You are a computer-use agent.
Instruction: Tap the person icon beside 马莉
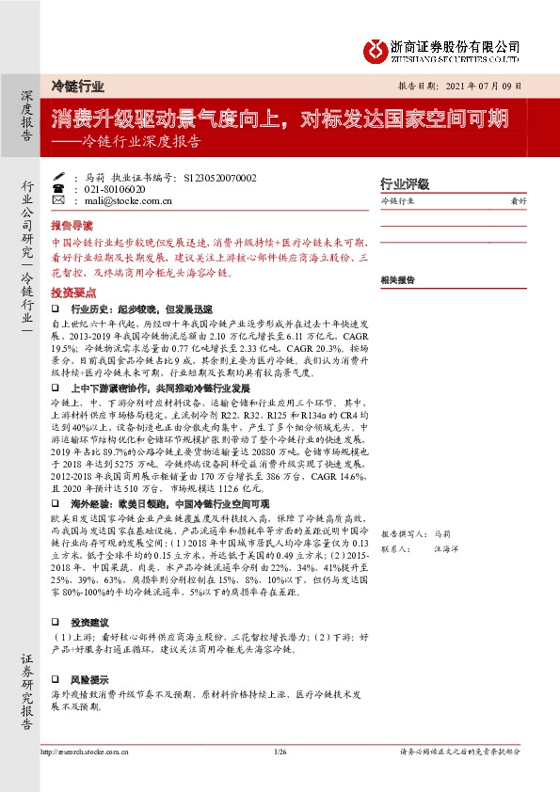[x=59, y=177]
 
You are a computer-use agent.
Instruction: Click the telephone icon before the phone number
[x=59, y=188]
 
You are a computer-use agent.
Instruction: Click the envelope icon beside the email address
[x=59, y=200]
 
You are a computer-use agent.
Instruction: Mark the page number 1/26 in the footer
[x=280, y=752]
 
